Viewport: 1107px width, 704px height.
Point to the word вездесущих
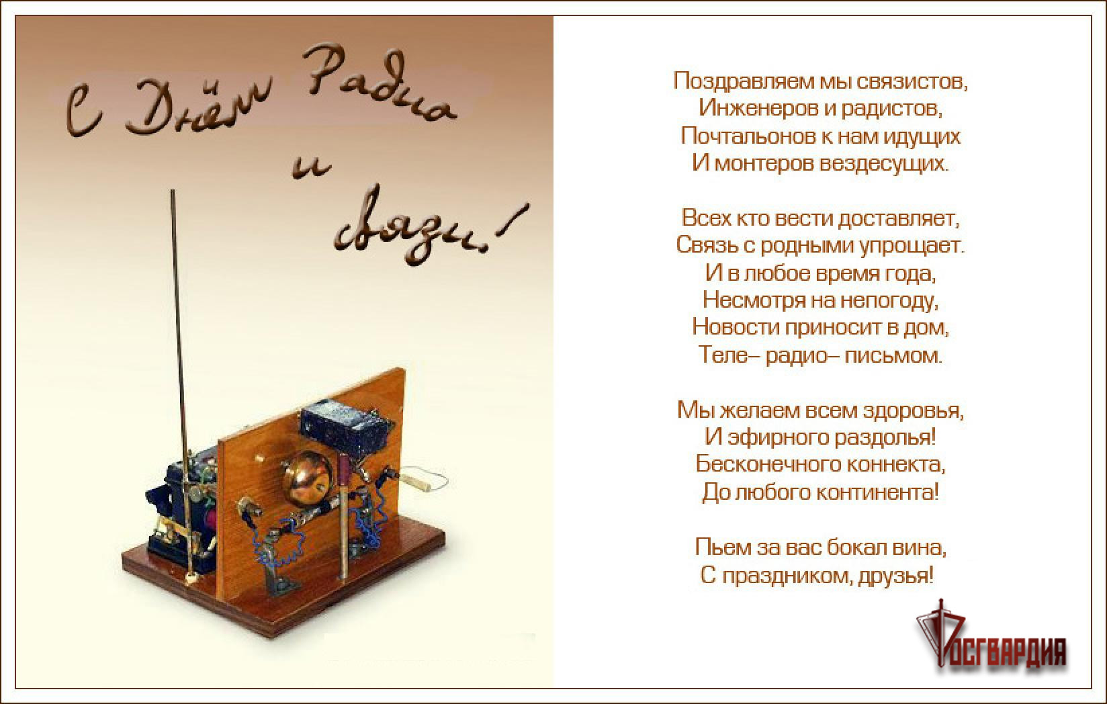(885, 163)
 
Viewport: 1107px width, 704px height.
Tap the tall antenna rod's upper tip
(173, 191)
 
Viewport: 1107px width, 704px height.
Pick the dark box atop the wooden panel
(346, 426)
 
